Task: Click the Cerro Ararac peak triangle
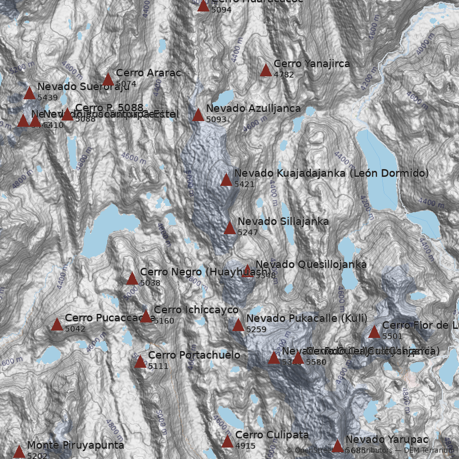pos(108,80)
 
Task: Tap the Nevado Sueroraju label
pos(75,87)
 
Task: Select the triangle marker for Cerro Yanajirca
pos(266,71)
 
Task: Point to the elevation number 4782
pos(284,75)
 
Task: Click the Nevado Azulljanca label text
pos(253,108)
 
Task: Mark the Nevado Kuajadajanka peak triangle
pos(226,180)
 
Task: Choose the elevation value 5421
pos(244,184)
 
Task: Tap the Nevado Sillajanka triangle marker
pos(229,228)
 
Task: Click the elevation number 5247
pos(247,232)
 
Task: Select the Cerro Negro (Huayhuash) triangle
pos(132,279)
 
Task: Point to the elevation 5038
pos(150,283)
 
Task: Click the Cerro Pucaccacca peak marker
pos(57,325)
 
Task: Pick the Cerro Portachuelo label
pos(194,355)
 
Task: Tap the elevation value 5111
pos(158,366)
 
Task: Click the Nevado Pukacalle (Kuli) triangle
pos(238,325)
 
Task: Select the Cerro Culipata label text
pos(272,435)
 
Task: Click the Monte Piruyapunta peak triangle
pos(19,452)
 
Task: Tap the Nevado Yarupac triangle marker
pos(337,446)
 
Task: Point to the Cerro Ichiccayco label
pos(196,310)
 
